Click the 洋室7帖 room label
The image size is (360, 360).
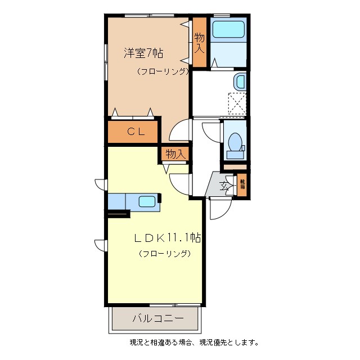pyautogui.click(x=143, y=53)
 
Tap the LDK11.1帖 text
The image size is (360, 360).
pyautogui.click(x=167, y=238)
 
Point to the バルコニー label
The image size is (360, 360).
pyautogui.click(x=157, y=318)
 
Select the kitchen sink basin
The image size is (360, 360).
pyautogui.click(x=147, y=201)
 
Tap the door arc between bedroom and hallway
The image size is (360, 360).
pyautogui.click(x=180, y=132)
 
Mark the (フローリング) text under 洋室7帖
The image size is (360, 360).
pyautogui.click(x=162, y=71)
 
